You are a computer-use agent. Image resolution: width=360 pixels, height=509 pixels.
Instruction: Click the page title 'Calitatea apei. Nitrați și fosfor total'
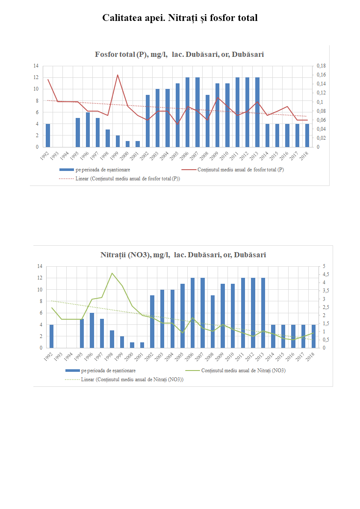click(x=180, y=18)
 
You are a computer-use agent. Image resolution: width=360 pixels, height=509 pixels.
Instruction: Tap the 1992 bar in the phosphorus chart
click(x=48, y=135)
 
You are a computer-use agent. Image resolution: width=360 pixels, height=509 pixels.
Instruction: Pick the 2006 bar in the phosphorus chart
click(x=187, y=112)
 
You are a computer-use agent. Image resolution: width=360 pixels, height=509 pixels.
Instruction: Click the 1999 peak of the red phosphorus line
click(x=118, y=75)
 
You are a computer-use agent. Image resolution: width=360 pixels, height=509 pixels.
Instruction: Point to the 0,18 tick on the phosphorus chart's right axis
click(x=321, y=66)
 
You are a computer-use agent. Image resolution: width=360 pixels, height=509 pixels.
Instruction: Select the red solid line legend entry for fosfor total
click(x=241, y=170)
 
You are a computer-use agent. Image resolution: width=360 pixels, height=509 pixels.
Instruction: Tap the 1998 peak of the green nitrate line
click(x=112, y=273)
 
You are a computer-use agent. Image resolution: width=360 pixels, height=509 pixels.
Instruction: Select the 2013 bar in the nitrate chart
click(x=263, y=313)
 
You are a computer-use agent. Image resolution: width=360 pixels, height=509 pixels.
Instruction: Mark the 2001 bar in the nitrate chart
click(x=142, y=345)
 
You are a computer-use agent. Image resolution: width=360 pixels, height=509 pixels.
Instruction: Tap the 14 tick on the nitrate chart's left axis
click(x=40, y=266)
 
